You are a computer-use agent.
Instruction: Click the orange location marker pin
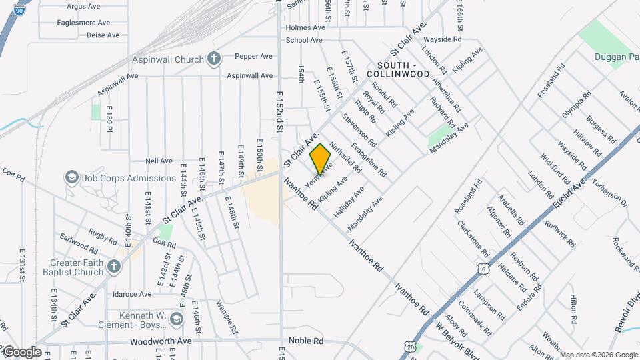321,159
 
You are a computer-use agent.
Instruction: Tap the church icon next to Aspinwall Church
213,59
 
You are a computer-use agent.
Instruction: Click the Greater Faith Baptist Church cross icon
113,267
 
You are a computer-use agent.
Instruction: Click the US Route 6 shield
483,267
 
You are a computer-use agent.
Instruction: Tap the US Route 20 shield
409,347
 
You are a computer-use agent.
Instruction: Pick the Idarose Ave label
131,294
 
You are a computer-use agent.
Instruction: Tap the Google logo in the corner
22,351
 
